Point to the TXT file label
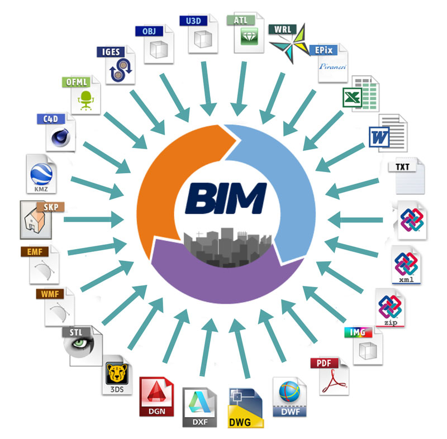pos(403,166)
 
